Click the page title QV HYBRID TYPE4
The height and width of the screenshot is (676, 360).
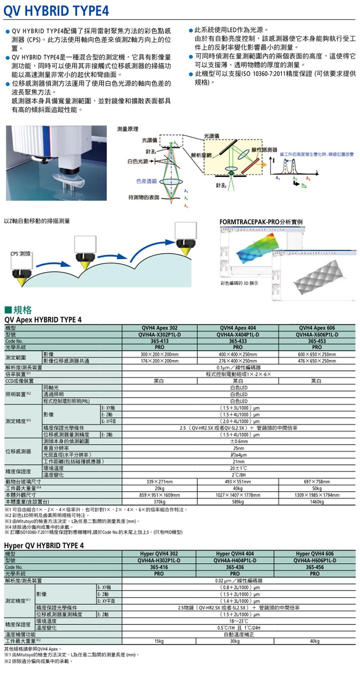pos(56,11)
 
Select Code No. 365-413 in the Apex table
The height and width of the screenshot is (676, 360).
pos(159,341)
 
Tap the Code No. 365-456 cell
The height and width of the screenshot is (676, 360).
pos(314,567)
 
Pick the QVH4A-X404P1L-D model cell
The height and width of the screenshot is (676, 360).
pos(238,335)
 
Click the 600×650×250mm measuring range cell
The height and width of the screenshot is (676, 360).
pos(316,354)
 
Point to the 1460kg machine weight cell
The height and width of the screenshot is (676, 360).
pos(316,501)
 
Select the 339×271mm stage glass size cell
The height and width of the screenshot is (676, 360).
pos(159,482)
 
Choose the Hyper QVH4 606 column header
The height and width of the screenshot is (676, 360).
pos(314,554)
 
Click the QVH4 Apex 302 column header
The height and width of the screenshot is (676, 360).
pos(159,328)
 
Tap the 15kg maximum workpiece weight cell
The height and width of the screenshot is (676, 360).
pos(159,641)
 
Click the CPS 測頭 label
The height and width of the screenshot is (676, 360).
pos(20,253)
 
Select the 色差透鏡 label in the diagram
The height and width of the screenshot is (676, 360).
pos(146,181)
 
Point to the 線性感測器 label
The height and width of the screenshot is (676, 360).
pos(264,150)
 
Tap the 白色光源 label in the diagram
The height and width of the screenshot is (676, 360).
pos(138,161)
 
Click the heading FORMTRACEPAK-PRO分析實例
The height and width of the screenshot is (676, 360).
pos(261,222)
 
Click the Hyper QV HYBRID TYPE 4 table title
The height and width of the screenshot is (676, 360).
pos(44,545)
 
